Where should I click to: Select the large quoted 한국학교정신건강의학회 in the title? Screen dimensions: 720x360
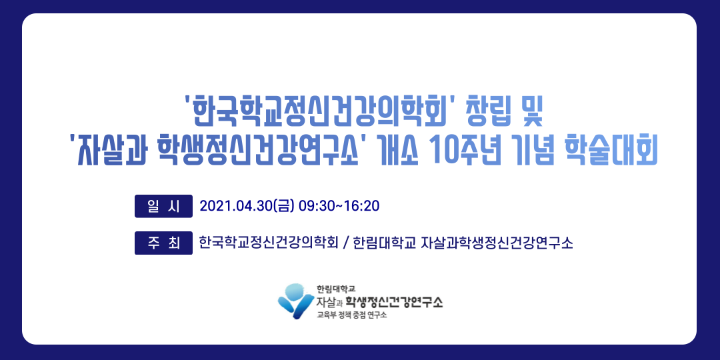319,113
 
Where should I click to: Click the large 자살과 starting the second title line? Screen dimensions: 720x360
107,152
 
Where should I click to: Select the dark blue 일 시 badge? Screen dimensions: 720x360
163,206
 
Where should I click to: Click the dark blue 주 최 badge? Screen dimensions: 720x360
163,243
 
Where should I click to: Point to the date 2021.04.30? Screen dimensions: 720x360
235,206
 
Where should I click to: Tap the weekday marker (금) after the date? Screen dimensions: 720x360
283,206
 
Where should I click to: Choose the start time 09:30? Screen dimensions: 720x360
317,206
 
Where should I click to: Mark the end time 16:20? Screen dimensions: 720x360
361,206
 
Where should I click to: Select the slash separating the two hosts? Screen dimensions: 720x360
346,243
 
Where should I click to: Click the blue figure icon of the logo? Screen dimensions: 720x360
296,301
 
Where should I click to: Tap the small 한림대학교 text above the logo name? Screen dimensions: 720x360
335,289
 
